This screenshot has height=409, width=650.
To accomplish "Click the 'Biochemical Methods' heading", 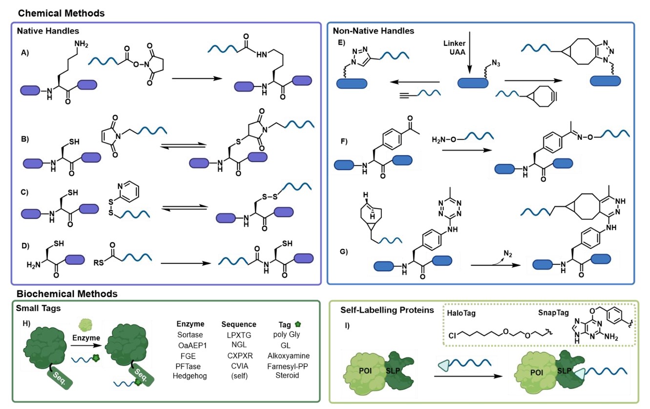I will (x=66, y=294).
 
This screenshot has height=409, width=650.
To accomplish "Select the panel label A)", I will (x=25, y=53).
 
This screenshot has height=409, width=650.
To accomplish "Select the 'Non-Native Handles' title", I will (x=373, y=31).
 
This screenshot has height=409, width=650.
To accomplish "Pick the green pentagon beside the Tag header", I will (x=298, y=323).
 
